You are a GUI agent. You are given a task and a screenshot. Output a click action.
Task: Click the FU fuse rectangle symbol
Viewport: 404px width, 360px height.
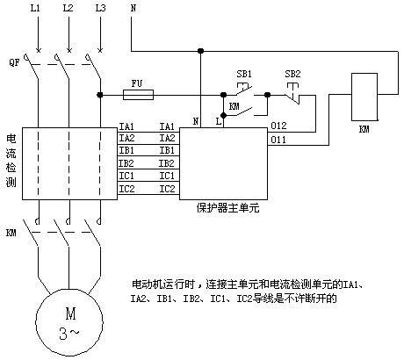click(x=138, y=95)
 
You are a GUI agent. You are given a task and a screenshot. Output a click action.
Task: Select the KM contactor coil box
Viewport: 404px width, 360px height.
click(x=364, y=97)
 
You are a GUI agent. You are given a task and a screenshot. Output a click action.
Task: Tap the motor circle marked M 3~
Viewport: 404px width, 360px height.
click(x=69, y=322)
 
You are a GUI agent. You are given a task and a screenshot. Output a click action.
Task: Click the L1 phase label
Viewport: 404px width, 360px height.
click(x=35, y=8)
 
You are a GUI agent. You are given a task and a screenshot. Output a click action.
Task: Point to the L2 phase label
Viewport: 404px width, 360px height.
click(x=68, y=8)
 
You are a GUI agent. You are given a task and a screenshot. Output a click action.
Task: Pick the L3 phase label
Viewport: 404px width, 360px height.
click(x=100, y=8)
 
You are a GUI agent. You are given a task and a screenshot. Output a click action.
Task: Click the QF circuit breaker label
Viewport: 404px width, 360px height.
click(x=14, y=62)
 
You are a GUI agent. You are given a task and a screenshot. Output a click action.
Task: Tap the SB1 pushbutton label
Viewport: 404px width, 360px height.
click(x=244, y=74)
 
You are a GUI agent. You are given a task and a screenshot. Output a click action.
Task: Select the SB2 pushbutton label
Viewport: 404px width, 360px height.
click(x=292, y=74)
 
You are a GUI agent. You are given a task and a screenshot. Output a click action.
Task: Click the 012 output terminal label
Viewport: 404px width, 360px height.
click(x=278, y=126)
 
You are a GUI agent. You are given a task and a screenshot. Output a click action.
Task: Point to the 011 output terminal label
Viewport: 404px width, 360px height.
click(x=278, y=140)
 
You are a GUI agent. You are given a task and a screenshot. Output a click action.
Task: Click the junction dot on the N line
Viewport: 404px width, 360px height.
click(x=200, y=51)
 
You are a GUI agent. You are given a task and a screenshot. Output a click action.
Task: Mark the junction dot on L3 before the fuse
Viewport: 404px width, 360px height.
click(x=100, y=95)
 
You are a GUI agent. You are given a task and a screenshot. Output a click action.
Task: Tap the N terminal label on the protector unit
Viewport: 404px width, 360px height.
click(x=196, y=121)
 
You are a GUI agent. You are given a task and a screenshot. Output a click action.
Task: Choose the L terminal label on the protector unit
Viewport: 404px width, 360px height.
click(x=219, y=121)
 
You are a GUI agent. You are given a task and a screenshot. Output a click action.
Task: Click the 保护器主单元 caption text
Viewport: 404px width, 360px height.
click(x=227, y=208)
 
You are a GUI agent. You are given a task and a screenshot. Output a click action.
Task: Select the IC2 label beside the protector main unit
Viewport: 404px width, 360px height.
click(x=167, y=189)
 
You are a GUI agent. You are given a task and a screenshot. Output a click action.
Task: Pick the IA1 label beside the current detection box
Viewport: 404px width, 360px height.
click(x=126, y=126)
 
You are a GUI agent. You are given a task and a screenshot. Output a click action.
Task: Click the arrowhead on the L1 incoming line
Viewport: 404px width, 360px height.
click(x=39, y=50)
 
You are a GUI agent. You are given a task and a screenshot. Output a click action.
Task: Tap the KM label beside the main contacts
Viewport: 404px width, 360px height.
click(x=11, y=233)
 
